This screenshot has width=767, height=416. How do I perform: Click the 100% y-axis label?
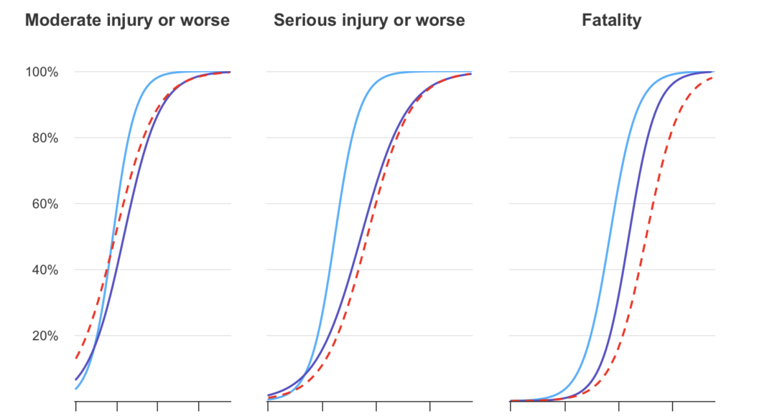(x=42, y=72)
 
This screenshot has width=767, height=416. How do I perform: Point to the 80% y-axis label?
(x=45, y=138)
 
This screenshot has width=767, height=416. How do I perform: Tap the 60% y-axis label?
(x=45, y=204)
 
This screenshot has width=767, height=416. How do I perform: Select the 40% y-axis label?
(x=45, y=270)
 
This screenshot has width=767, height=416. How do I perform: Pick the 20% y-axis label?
(x=45, y=336)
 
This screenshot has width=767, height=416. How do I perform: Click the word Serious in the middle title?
(x=302, y=20)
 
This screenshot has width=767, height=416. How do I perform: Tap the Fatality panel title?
(x=611, y=21)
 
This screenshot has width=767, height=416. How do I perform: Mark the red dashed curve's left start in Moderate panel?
(x=76, y=359)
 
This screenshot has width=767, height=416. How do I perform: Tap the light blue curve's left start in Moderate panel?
(x=76, y=389)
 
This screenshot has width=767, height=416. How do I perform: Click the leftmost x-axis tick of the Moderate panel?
(x=76, y=406)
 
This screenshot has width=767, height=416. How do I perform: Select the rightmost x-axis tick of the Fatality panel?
(x=673, y=406)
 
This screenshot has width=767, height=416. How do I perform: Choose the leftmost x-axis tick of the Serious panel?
(x=268, y=406)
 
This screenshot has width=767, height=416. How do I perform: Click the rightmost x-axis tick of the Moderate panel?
(x=199, y=406)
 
